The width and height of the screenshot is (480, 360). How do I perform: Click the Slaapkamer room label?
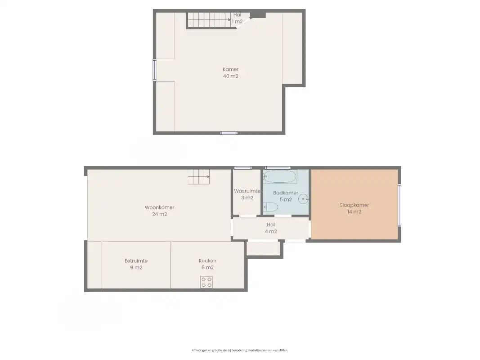click(x=354, y=205)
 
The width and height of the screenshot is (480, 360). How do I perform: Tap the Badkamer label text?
click(x=286, y=193)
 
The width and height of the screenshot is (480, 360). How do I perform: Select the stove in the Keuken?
click(x=206, y=282)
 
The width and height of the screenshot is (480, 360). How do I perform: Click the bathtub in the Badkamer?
click(x=280, y=177)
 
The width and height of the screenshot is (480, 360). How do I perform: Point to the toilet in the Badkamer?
click(x=270, y=207)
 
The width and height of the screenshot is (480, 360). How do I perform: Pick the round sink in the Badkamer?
click(x=305, y=198)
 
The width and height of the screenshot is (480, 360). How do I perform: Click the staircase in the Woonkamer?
click(x=199, y=177)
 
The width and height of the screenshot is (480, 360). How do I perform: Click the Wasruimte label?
click(x=247, y=191)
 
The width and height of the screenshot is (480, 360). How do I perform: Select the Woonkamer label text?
click(x=159, y=207)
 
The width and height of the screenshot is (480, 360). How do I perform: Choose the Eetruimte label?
click(x=136, y=261)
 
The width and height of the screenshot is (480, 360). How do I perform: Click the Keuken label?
click(x=207, y=261)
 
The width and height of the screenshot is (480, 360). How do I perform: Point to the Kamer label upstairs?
click(x=230, y=69)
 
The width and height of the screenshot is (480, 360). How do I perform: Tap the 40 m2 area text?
click(x=230, y=76)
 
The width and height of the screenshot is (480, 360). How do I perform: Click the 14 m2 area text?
click(x=354, y=212)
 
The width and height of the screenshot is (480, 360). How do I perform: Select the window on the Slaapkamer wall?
click(x=399, y=205)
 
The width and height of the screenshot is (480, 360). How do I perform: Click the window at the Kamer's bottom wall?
click(x=229, y=133)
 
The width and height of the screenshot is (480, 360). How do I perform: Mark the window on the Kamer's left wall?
click(x=154, y=70)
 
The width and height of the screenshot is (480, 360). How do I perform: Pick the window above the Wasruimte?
click(x=243, y=168)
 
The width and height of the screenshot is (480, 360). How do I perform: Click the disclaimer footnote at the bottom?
click(x=240, y=350)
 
